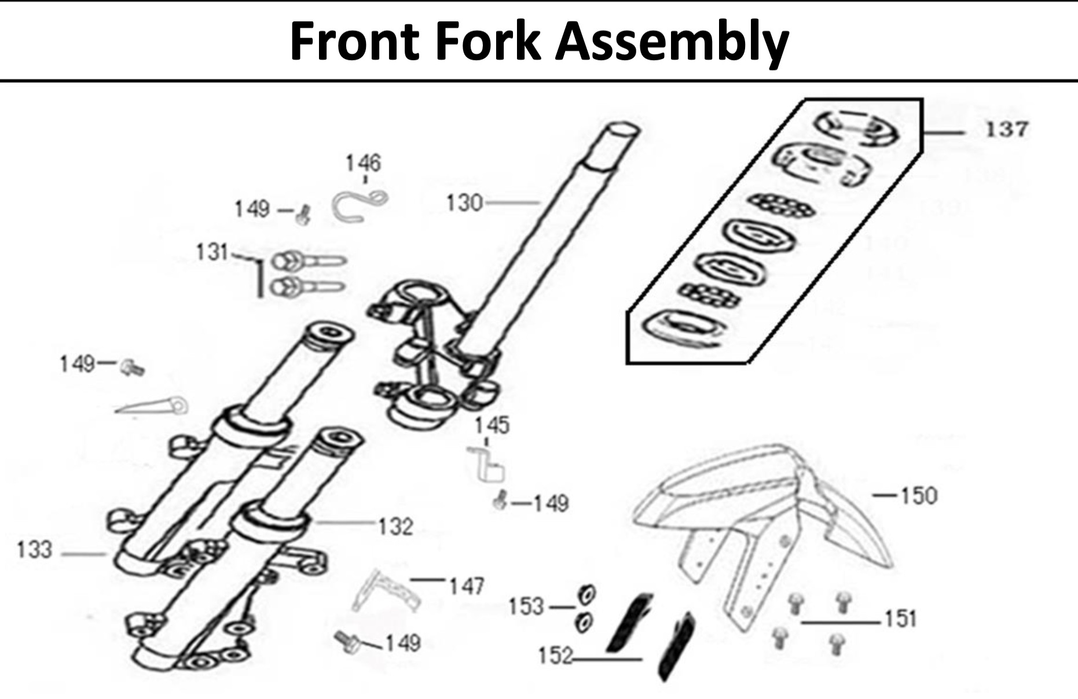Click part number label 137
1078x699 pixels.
coord(1006,129)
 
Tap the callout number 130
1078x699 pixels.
coord(464,203)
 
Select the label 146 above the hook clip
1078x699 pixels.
coord(363,163)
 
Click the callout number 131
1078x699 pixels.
coord(212,252)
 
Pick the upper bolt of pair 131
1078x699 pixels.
coord(307,262)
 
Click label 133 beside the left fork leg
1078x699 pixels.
coord(35,550)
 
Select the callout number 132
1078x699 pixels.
coord(395,527)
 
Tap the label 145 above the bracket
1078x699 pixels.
coord(492,426)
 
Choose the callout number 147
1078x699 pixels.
coord(466,586)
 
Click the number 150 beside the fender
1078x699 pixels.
coord(919,496)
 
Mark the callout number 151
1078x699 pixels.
coord(900,619)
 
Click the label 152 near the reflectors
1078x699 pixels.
coord(555,656)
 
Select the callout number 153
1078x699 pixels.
coord(526,607)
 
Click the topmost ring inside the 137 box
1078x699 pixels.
coord(857,128)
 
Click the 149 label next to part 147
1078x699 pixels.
coord(402,643)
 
